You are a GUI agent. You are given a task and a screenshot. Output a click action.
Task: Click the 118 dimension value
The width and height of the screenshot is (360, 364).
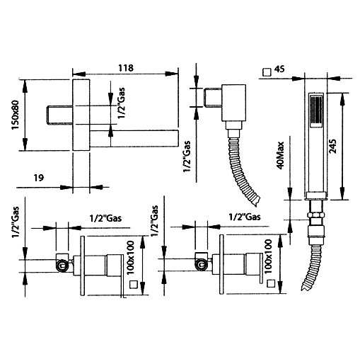point(126,68)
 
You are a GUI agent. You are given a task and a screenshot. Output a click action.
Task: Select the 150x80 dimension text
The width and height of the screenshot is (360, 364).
point(15,115)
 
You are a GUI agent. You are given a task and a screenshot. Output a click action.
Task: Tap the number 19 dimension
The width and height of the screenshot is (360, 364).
point(39,178)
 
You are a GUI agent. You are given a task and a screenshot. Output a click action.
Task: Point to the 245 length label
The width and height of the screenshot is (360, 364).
point(332,147)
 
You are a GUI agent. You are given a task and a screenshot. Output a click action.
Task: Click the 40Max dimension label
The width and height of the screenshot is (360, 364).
point(281,155)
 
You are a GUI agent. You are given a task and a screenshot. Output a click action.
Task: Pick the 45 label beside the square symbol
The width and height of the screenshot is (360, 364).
point(279,69)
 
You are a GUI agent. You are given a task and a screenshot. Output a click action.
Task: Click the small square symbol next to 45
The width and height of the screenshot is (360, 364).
point(267,72)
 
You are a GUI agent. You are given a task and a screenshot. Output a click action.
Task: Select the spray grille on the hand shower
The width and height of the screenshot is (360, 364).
point(316,111)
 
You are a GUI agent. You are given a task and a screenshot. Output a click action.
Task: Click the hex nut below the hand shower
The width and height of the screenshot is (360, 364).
point(316,215)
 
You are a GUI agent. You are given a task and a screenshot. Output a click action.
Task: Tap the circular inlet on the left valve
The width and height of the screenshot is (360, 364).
point(62,266)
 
